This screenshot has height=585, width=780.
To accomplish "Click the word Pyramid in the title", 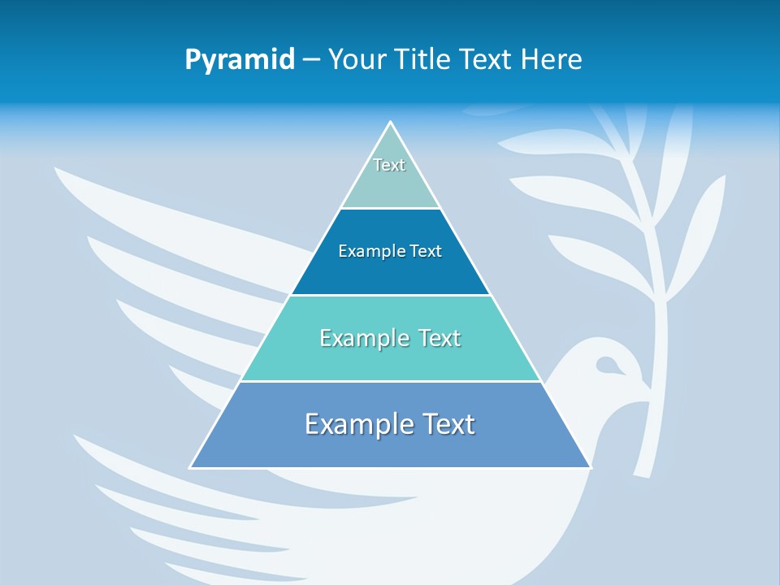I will tap(240, 60).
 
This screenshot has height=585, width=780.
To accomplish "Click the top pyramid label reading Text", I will tap(389, 165).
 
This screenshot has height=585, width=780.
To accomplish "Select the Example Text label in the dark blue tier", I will tap(390, 251).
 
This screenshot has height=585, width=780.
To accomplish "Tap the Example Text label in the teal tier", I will tap(390, 338).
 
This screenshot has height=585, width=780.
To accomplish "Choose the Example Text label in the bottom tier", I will tap(390, 424).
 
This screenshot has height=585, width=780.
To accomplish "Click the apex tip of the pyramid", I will tap(391, 122).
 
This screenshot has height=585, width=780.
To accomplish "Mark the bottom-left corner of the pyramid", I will tap(190, 467).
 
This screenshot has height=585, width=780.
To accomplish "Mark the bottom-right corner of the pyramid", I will tap(591, 467).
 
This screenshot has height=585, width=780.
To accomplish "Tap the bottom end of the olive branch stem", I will tap(641, 474).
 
